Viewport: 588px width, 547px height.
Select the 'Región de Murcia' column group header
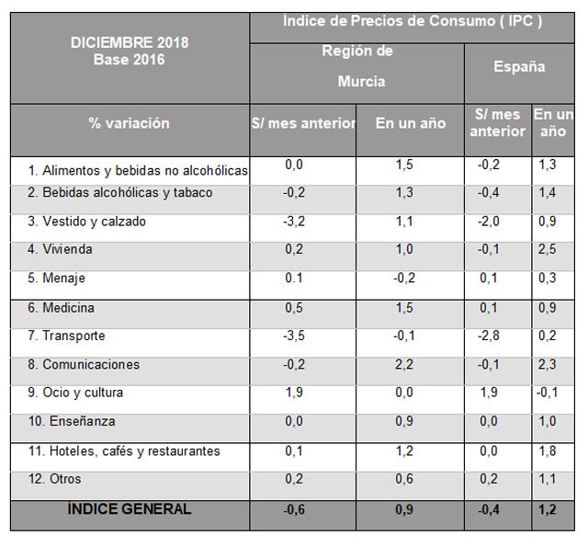tap(357, 65)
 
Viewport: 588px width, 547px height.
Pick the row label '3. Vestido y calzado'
tap(87, 222)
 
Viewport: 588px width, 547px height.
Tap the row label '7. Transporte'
tap(67, 336)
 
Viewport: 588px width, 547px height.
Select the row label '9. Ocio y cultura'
tap(76, 393)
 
